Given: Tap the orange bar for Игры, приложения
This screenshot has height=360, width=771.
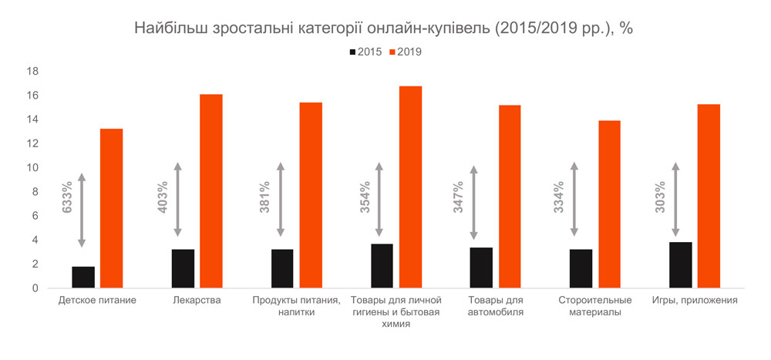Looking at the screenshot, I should [x=709, y=196].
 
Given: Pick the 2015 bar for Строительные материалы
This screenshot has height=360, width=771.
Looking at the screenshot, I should [x=581, y=269].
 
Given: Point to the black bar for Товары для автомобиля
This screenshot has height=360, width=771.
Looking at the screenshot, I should [x=481, y=268].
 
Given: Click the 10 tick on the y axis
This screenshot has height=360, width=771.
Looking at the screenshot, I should [x=32, y=168].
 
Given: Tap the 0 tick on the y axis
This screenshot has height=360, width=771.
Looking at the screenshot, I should [x=35, y=288].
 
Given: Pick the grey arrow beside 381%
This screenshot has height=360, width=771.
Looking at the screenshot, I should [x=280, y=200].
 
